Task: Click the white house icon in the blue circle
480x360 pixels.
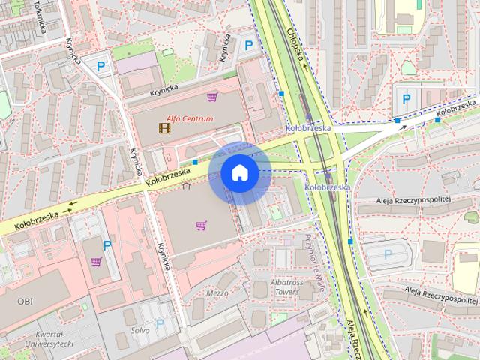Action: click(240, 173)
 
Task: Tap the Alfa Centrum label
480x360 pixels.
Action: click(190, 118)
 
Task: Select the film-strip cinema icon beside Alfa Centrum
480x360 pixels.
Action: click(164, 127)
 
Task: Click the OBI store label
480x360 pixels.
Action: click(25, 300)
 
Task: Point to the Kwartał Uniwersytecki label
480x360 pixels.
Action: click(48, 338)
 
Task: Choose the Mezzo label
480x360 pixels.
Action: click(217, 292)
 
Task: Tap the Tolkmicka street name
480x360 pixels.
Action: click(37, 16)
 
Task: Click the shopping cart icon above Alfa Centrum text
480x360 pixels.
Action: click(213, 96)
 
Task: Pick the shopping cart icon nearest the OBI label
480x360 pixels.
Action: click(96, 262)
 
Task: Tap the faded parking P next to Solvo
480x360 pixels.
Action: click(159, 324)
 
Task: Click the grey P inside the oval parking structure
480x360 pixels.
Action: click(388, 253)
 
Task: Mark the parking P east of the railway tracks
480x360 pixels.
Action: click(406, 98)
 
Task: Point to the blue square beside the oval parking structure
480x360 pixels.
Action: click(350, 241)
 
